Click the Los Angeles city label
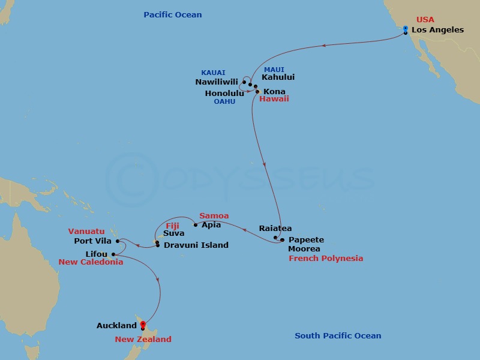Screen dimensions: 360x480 point(437,30)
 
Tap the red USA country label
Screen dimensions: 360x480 point(425,20)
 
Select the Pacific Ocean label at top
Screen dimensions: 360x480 point(173,14)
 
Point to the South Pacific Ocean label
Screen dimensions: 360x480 point(338,336)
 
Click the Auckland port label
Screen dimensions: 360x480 point(116,326)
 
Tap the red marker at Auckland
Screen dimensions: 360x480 point(142,325)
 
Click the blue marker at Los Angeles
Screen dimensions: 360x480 point(406,29)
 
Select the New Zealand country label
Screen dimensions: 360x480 point(143,340)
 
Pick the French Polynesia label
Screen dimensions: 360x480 point(326,259)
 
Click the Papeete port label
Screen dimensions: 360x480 point(306,239)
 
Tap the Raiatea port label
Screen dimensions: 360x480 point(275,229)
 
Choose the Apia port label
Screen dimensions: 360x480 point(211,225)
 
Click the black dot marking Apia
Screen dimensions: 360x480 point(196,226)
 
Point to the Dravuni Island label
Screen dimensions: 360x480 point(196,245)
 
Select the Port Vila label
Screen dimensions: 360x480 point(92,241)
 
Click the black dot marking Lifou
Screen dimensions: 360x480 point(113,254)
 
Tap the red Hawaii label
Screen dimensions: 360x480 point(274,98)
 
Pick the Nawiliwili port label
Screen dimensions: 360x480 point(217,82)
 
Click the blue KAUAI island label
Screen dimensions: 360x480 point(213,73)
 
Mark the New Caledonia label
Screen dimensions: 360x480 point(91,262)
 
